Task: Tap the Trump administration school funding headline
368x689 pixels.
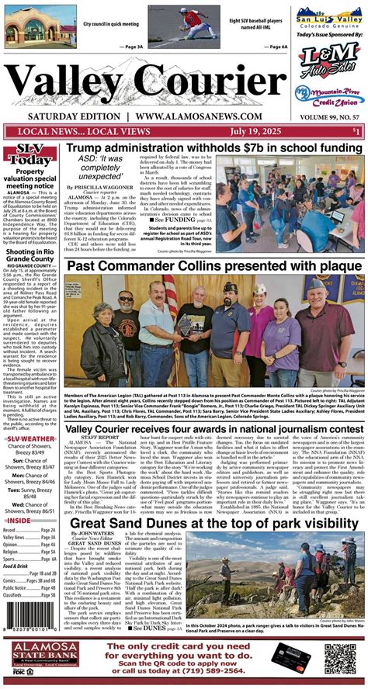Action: [214, 147]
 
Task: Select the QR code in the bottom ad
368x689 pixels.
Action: [339, 659]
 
